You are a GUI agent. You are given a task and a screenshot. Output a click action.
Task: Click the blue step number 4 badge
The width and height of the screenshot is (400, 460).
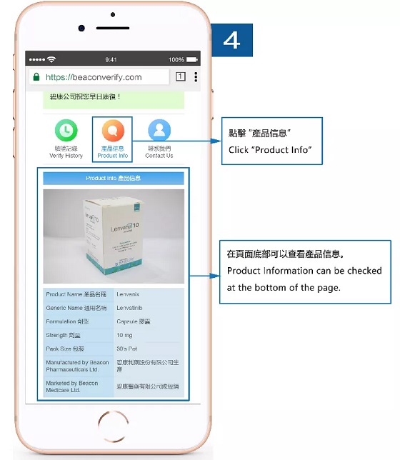[x=232, y=40]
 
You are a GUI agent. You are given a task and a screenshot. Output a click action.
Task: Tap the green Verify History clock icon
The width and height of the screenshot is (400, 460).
[x=66, y=130]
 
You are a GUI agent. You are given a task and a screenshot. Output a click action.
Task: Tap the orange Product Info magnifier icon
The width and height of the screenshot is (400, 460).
[x=112, y=130]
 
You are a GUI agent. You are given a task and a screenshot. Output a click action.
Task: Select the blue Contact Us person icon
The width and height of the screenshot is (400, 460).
[x=159, y=130]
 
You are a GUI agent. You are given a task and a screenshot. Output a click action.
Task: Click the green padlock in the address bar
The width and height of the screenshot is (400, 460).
[x=35, y=77]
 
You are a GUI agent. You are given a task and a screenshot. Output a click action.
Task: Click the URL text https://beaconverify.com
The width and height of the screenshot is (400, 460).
[x=94, y=77]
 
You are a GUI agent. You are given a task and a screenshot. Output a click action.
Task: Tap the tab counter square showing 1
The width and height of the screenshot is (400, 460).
[x=180, y=77]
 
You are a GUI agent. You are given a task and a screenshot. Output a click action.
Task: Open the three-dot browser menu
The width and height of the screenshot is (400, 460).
[x=196, y=77]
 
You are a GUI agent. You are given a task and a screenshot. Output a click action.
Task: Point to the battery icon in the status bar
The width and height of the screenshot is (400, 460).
[x=193, y=59]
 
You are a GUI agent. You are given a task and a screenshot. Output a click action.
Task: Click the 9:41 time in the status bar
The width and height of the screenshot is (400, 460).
[x=111, y=59]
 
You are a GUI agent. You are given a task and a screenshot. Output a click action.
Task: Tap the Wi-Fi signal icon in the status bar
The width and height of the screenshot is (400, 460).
[x=51, y=59]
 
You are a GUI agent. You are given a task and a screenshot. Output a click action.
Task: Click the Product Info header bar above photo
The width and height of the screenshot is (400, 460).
[x=113, y=178]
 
